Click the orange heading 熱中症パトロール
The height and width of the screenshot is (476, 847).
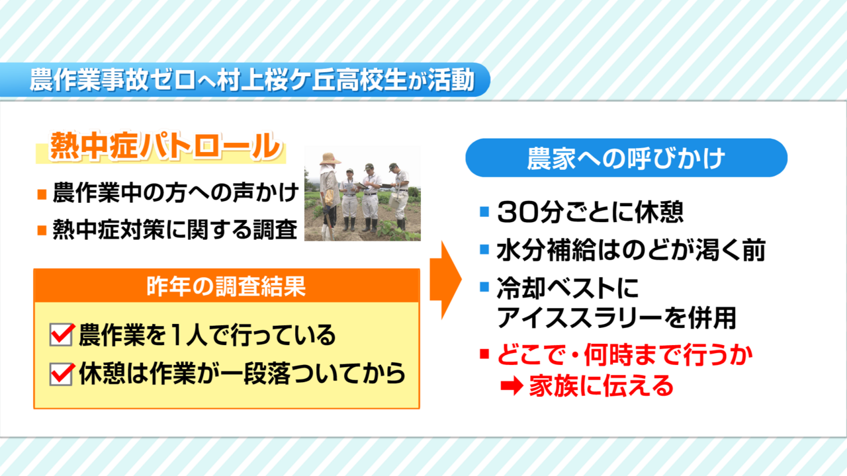165,146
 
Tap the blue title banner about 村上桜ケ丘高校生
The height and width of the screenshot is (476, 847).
245,80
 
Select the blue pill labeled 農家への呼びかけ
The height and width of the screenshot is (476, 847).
626,157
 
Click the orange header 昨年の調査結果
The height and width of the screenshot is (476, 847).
226,286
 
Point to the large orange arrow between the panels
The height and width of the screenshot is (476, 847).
446,280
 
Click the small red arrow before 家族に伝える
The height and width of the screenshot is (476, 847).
512,386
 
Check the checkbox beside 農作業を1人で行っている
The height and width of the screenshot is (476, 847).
62,335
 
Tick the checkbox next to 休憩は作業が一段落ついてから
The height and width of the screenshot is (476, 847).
62,374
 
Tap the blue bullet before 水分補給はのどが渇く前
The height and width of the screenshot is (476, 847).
484,249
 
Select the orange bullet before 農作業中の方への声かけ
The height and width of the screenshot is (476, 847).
42,194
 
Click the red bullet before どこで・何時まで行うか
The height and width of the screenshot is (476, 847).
484,354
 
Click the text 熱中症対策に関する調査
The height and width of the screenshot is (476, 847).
175,229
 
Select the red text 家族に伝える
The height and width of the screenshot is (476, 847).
602,386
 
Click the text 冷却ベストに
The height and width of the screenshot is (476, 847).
567,288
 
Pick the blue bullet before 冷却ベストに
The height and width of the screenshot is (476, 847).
484,287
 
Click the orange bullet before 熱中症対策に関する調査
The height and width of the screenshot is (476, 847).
42,230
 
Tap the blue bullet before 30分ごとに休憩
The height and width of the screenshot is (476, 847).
484,212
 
